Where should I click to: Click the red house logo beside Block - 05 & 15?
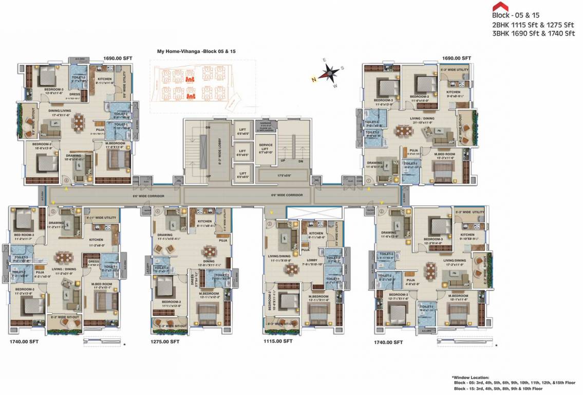497,7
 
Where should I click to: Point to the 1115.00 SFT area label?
277,341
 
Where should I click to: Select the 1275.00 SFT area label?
164,341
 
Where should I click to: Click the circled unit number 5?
52,211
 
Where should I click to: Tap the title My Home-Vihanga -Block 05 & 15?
196,52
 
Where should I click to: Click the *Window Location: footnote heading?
470,378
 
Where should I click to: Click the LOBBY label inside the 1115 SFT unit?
313,260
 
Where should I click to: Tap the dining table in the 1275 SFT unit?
209,252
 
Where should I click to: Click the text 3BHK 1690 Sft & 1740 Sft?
533,33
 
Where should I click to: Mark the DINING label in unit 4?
209,261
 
